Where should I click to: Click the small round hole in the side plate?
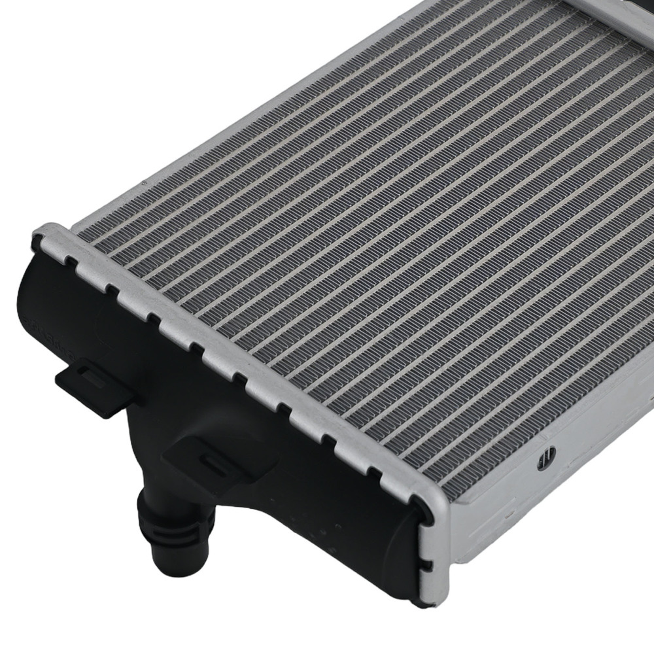coord(547,458)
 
